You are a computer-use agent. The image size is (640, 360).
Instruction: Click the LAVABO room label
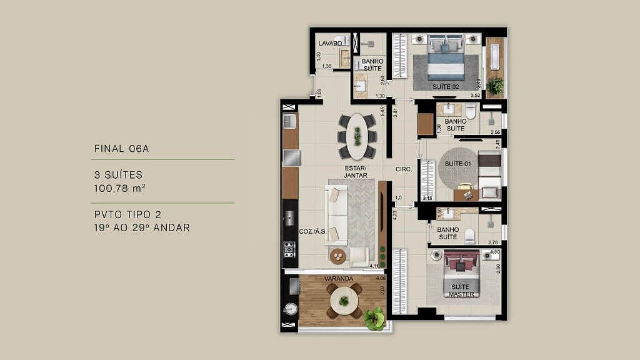[x=330, y=43]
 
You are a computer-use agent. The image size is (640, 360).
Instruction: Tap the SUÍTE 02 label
[x=446, y=86]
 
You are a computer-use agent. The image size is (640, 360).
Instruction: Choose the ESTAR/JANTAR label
[x=355, y=172]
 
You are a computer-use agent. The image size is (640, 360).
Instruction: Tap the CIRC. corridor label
[x=403, y=169]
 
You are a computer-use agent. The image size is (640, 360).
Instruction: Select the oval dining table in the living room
[x=357, y=136]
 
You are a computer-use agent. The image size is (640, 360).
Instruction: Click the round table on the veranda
[x=344, y=301]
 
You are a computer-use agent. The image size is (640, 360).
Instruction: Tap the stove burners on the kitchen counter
[x=289, y=250]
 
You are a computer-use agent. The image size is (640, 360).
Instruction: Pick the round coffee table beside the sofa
[x=338, y=256]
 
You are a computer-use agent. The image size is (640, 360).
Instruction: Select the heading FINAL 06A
[x=122, y=149]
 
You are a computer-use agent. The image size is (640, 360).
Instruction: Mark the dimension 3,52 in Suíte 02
[x=476, y=96]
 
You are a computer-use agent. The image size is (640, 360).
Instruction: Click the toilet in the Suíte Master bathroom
[x=469, y=234]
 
